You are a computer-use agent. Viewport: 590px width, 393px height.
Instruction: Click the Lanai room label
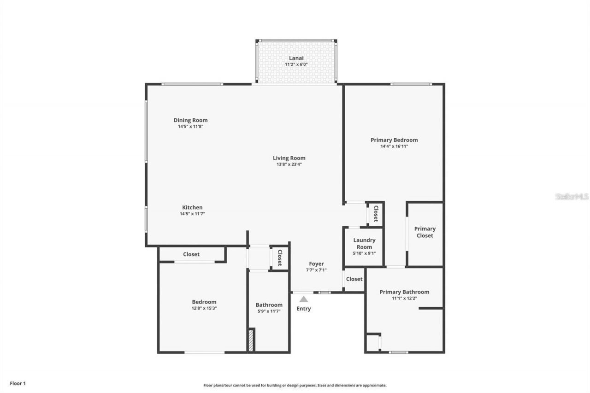296,58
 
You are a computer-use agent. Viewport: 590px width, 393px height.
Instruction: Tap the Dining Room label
190,120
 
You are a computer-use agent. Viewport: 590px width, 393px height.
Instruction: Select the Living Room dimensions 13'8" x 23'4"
289,164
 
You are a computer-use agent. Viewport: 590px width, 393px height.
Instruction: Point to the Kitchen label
192,207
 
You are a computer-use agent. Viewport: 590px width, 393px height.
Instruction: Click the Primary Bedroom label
394,140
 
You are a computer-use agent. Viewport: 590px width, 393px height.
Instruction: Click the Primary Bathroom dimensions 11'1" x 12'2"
404,298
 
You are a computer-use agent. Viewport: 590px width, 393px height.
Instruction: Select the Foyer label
316,264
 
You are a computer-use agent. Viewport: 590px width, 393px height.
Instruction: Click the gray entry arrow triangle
303,299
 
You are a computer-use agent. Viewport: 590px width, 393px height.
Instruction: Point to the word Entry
303,309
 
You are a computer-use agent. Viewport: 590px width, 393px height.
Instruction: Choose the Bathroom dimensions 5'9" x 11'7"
269,311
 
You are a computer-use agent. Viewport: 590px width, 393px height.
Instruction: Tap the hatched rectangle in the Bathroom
251,340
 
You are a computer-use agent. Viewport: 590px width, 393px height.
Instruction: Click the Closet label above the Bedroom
191,254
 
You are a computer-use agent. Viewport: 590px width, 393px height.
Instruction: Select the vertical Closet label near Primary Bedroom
376,214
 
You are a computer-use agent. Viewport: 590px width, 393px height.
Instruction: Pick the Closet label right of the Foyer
354,279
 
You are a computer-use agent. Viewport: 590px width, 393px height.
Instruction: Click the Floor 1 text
18,383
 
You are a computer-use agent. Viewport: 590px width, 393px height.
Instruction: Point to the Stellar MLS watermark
572,197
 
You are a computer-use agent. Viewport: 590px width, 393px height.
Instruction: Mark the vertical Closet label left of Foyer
279,258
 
